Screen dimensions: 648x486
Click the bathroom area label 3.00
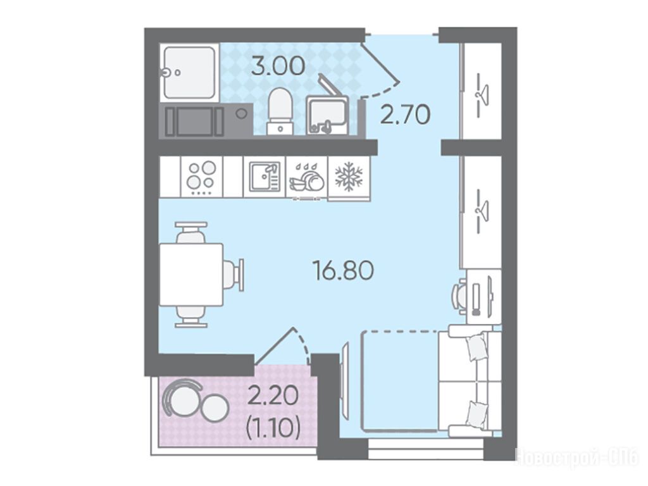pyautogui.click(x=278, y=66)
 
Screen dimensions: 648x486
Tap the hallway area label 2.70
pyautogui.click(x=406, y=115)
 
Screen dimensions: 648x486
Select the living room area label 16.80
pyautogui.click(x=343, y=270)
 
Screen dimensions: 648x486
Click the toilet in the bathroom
pyautogui.click(x=280, y=111)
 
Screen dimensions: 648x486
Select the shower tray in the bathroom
pyautogui.click(x=189, y=72)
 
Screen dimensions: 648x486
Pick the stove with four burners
pyautogui.click(x=202, y=177)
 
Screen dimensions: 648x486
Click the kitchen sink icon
pyautogui.click(x=265, y=177)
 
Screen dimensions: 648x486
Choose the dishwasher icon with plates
pyautogui.click(x=307, y=178)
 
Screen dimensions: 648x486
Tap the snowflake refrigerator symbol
pyautogui.click(x=349, y=177)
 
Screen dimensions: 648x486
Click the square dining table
pyautogui.click(x=191, y=275)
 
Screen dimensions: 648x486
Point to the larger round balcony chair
pyautogui.click(x=180, y=397)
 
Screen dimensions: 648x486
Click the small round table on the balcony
pyautogui.click(x=215, y=408)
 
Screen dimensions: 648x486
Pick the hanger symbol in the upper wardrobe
pyautogui.click(x=481, y=95)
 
